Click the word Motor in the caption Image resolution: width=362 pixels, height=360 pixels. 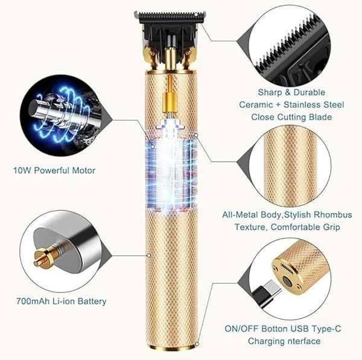[84, 170]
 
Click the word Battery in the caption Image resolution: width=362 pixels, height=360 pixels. [92, 301]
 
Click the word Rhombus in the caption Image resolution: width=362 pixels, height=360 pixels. [333, 214]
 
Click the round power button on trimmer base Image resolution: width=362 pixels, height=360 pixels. [288, 281]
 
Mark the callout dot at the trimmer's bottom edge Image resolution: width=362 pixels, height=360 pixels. [197, 344]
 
